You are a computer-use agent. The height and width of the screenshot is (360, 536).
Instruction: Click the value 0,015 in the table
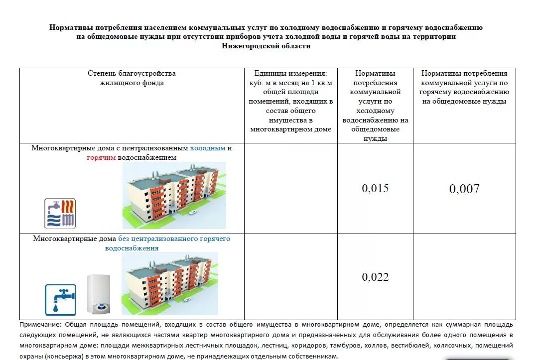(x=375, y=189)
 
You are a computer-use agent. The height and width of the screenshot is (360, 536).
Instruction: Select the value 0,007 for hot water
(x=464, y=189)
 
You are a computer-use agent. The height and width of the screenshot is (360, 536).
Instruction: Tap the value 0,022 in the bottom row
(x=375, y=277)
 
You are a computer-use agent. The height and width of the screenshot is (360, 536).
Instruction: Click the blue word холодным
(x=208, y=148)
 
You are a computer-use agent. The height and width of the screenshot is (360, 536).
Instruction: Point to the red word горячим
(x=101, y=157)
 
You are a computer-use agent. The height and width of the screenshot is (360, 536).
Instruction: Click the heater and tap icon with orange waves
(x=60, y=213)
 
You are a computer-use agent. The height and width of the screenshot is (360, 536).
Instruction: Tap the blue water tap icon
(x=60, y=300)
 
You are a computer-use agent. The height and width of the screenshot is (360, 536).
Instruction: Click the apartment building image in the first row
(x=174, y=195)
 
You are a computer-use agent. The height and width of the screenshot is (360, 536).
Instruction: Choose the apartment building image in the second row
(x=169, y=283)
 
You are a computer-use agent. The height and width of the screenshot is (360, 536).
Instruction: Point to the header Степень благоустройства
(x=132, y=74)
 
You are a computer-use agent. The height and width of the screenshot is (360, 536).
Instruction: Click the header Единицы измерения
(x=290, y=74)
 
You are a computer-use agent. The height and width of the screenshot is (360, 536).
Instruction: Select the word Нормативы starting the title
(x=69, y=27)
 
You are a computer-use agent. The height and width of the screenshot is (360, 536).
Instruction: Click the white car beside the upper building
(x=193, y=212)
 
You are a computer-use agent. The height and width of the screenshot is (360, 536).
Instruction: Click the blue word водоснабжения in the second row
(x=132, y=248)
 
